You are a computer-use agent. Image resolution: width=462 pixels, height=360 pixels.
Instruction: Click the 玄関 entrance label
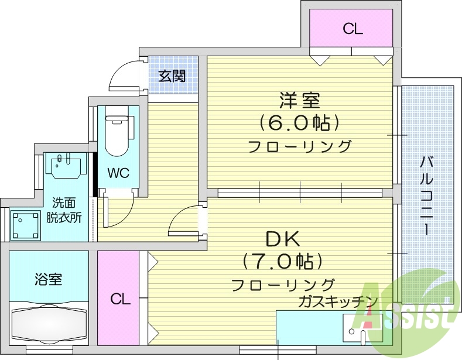(x=172, y=76)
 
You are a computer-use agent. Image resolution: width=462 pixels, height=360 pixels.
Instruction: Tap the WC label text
(x=118, y=173)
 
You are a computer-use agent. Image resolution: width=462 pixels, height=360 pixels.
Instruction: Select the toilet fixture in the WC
(x=118, y=135)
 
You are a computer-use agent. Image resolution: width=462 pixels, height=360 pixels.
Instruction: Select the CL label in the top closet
(x=353, y=29)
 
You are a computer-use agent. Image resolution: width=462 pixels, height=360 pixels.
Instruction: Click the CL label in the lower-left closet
(x=120, y=299)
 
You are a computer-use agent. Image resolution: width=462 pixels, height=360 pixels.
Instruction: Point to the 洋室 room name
(x=299, y=101)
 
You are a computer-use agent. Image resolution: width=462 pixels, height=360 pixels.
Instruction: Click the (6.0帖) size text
(x=299, y=123)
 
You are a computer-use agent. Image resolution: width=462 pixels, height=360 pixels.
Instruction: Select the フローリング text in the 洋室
(x=299, y=146)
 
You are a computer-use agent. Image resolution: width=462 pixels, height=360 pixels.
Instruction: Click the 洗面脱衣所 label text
(x=64, y=210)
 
